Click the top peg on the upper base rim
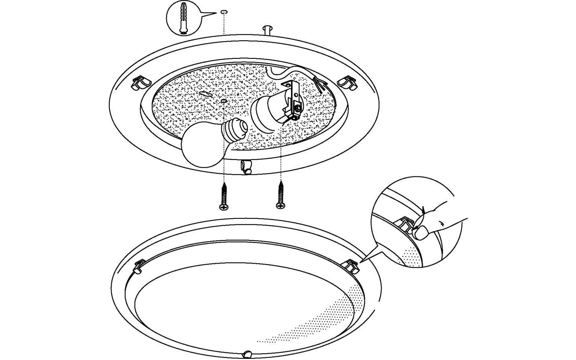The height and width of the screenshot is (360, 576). pos(267,30)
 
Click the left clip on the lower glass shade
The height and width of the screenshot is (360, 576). pos(139,266)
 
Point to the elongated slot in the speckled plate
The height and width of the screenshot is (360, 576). pos(205,94)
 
